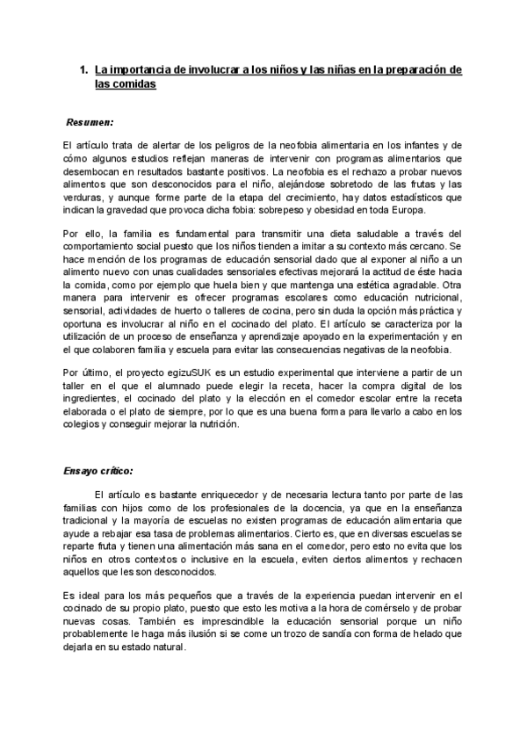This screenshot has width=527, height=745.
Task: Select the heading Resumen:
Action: [x=91, y=121]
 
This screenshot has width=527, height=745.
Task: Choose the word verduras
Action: [x=85, y=198]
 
